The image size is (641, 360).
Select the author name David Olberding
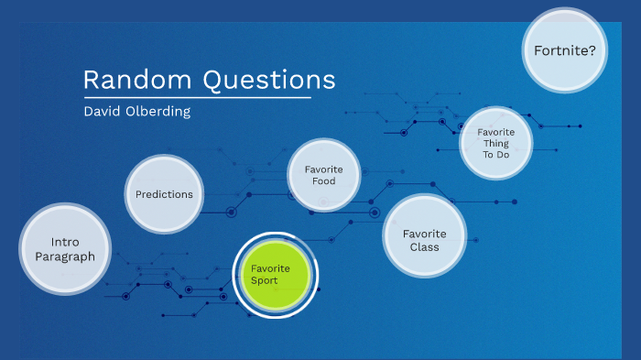[x=136, y=112]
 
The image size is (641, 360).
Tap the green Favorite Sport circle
[x=275, y=274]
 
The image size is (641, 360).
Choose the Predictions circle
[x=164, y=194]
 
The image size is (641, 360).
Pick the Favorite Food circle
[x=323, y=175]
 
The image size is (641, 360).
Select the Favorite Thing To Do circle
[x=495, y=143]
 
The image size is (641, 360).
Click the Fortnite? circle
[x=565, y=50]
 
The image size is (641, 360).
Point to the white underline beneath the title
[x=197, y=96]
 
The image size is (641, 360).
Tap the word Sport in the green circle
[x=265, y=280]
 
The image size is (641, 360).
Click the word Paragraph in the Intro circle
[x=65, y=256]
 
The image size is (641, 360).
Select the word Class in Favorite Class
[x=424, y=246]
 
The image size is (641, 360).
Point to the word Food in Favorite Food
[x=323, y=181]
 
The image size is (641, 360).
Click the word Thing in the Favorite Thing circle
[x=495, y=143]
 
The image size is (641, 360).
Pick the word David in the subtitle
[x=101, y=112]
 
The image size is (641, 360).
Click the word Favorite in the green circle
[x=271, y=267]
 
